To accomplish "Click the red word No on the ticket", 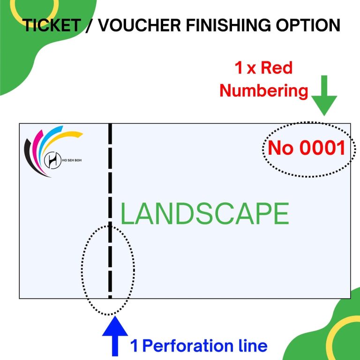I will pos(281,148).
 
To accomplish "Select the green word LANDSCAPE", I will pos(204,214).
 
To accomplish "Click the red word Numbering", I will pos(264,90).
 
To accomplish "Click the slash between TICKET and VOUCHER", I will pos(88,25).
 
